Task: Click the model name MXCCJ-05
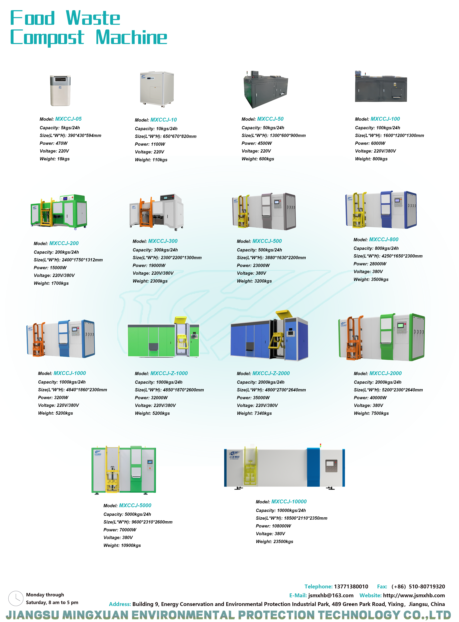click(68, 119)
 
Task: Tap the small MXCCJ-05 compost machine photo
click(60, 91)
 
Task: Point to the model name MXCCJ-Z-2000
click(271, 373)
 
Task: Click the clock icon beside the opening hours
click(16, 598)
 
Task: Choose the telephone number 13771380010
click(351, 586)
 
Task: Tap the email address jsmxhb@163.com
click(331, 595)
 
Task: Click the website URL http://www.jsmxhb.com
click(414, 595)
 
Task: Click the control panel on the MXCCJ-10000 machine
click(331, 466)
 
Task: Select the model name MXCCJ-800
click(383, 240)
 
